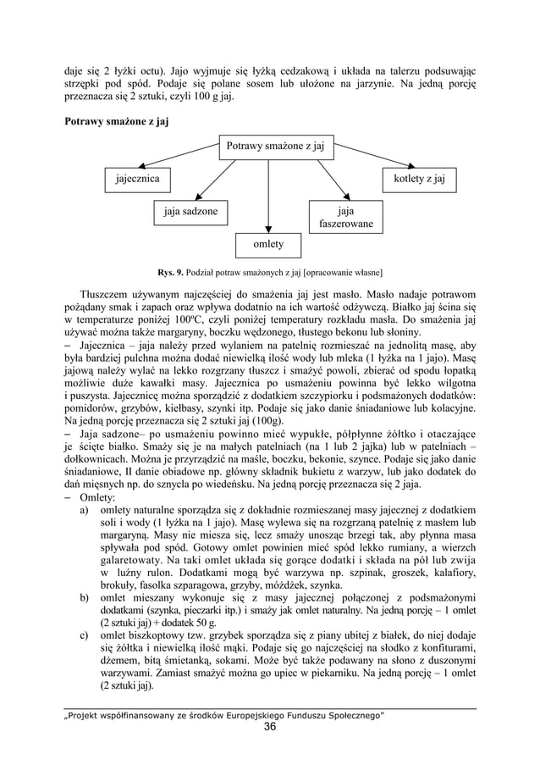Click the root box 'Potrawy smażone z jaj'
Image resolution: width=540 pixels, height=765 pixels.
(x=273, y=147)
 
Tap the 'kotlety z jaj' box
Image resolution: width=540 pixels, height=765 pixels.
(x=420, y=179)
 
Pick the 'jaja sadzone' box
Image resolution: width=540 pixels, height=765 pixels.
(x=190, y=211)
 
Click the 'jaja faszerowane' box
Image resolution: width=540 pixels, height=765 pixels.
(x=345, y=217)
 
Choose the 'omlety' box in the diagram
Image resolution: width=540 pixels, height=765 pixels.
(x=268, y=245)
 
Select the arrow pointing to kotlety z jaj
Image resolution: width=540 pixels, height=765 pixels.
(x=372, y=160)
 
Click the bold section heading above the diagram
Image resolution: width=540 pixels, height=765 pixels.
(x=117, y=122)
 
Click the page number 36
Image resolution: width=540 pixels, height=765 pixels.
(x=270, y=727)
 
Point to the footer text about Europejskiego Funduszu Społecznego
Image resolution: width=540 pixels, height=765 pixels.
(x=224, y=714)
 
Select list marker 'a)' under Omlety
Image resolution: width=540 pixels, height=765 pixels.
(x=85, y=513)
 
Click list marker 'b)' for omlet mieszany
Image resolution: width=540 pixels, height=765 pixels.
(x=85, y=599)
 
